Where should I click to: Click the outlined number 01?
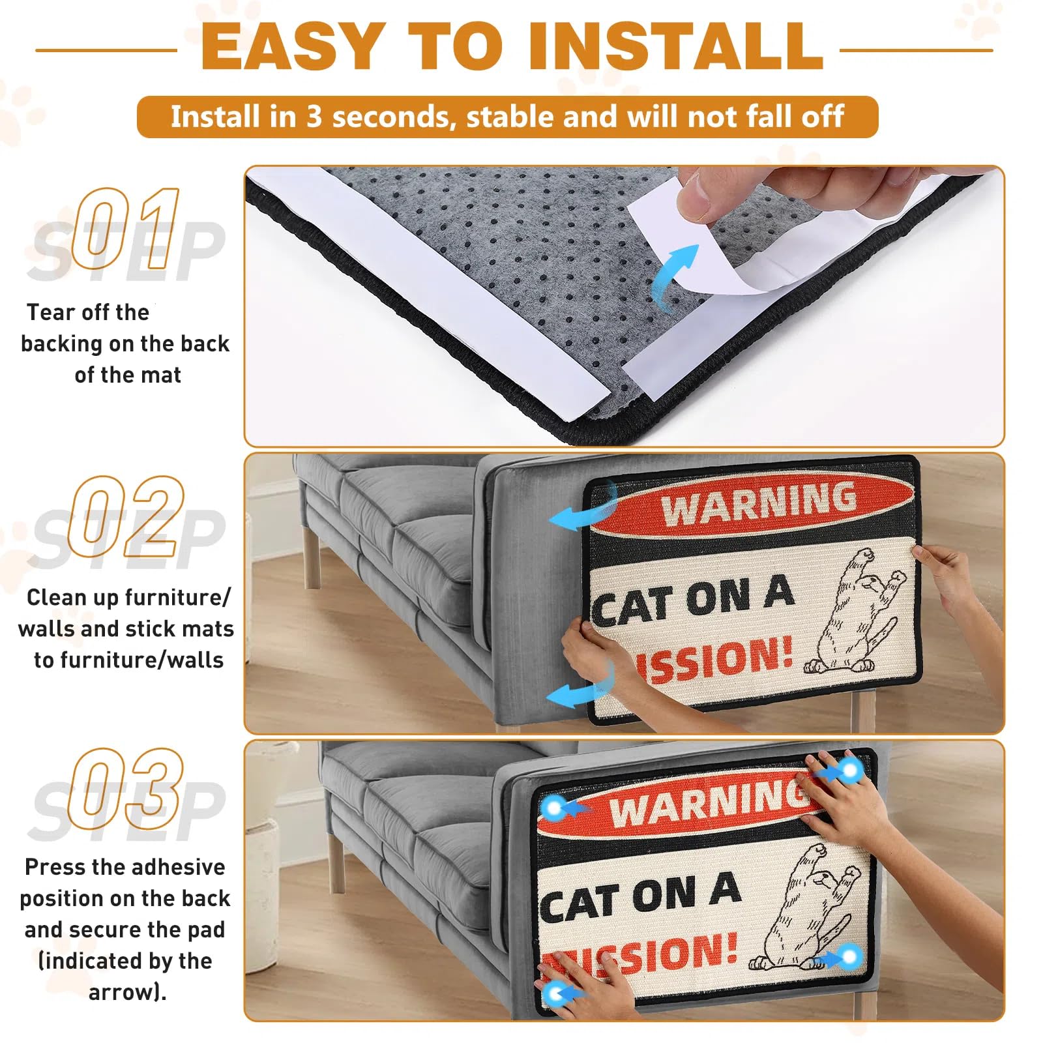125,228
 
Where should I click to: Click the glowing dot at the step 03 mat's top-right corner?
850,771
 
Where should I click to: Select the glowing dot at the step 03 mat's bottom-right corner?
850,957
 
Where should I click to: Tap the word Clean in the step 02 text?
57,597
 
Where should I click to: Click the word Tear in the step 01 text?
50,312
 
